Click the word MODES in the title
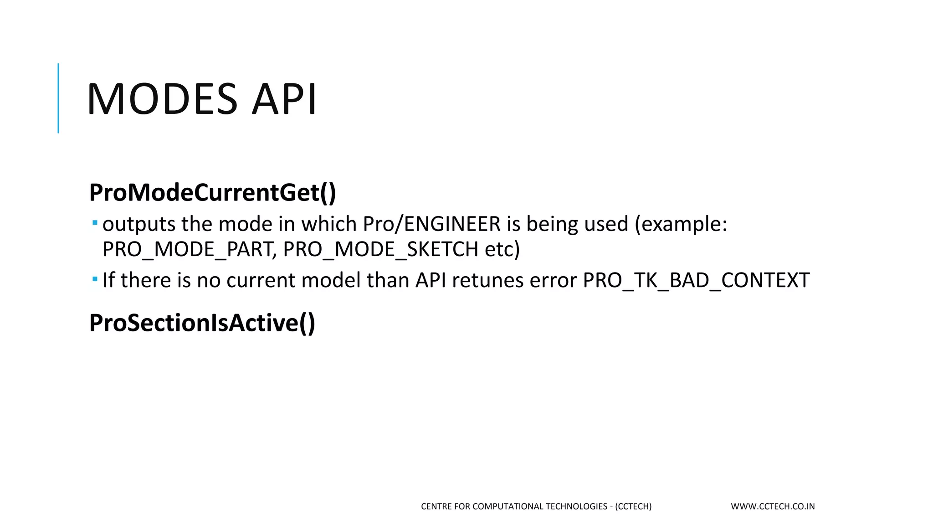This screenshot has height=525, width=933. (x=162, y=99)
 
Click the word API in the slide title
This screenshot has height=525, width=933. (x=284, y=99)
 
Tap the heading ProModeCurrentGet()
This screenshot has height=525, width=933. (x=212, y=192)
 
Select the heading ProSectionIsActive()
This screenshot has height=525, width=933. (x=202, y=323)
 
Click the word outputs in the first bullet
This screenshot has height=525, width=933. (x=139, y=224)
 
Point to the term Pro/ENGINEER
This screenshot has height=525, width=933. (x=431, y=224)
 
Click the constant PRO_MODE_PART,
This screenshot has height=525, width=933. (x=189, y=249)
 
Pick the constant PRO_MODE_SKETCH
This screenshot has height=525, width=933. (x=380, y=249)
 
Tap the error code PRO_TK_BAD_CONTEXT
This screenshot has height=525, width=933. (x=696, y=280)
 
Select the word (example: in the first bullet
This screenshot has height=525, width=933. (x=681, y=224)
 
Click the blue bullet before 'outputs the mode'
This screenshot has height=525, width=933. (x=95, y=223)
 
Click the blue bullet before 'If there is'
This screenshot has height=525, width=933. (x=95, y=279)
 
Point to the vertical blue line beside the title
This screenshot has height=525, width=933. (x=58, y=98)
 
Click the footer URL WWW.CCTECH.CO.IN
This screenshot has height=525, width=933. (x=773, y=506)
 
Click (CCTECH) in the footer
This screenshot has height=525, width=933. (x=633, y=506)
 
